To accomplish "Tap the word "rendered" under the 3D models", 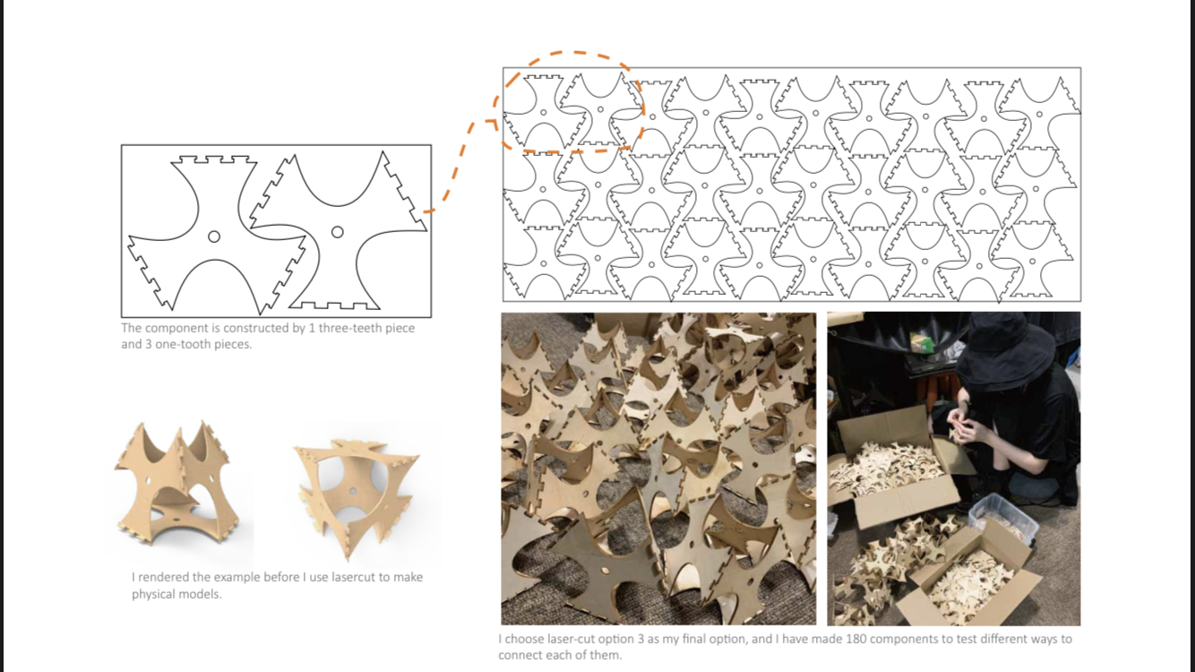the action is tap(165, 577).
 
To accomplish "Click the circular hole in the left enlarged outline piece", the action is tap(214, 237).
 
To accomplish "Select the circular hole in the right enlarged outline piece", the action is tap(337, 232).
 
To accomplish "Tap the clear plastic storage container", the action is tap(1003, 518).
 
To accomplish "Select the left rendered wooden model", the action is tap(176, 484).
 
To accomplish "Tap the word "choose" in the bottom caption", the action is tap(523, 639).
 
